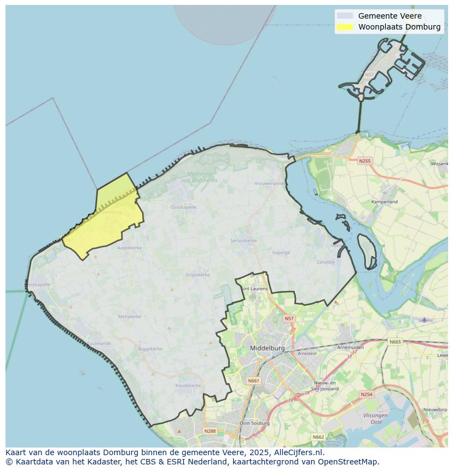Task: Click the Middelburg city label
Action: (267, 348)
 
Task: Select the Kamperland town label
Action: (385, 202)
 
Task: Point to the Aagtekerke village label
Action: (130, 248)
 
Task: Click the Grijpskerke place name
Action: (198, 275)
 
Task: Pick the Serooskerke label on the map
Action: (243, 241)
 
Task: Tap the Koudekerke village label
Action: (188, 386)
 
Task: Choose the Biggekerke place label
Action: (150, 348)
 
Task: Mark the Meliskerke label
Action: (130, 316)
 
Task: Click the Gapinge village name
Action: (281, 253)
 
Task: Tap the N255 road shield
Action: (364, 161)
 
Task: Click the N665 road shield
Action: (395, 342)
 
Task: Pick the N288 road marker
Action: (210, 431)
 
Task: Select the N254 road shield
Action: (366, 394)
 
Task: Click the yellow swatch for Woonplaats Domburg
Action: (345, 27)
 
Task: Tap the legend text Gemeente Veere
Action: (390, 16)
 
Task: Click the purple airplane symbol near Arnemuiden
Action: (424, 319)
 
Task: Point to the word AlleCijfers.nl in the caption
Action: (299, 453)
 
